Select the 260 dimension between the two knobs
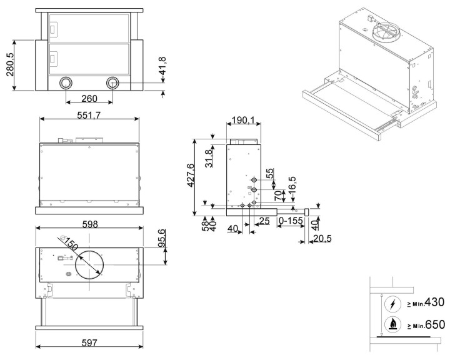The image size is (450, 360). tap(89, 99)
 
